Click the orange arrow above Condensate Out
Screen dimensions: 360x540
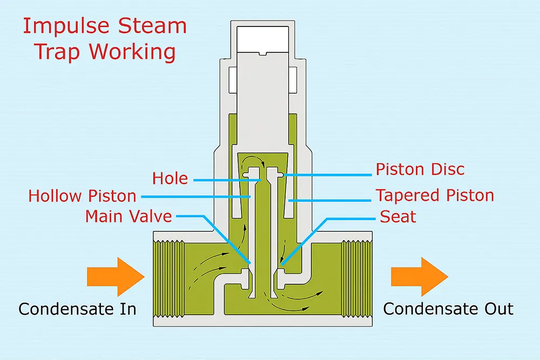(x=419, y=276)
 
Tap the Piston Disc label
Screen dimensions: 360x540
(x=420, y=169)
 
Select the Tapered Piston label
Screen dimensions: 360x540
(x=435, y=195)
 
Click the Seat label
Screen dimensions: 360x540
(x=398, y=216)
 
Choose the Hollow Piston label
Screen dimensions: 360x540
(x=82, y=196)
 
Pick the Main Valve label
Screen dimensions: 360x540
(x=129, y=216)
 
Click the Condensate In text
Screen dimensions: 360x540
(x=77, y=309)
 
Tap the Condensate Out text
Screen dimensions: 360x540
(x=448, y=309)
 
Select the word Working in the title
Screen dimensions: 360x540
(x=132, y=52)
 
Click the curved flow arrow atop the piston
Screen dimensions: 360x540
(x=254, y=159)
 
